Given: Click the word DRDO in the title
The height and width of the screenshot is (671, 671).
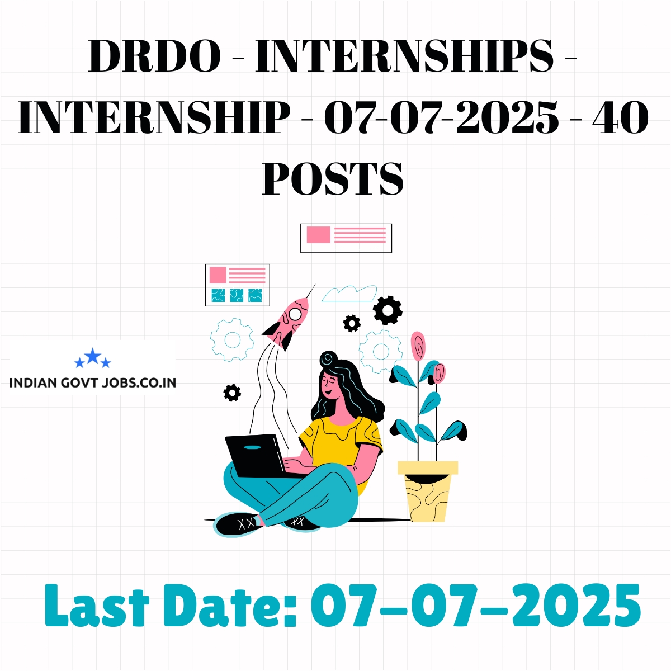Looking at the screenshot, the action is click(x=154, y=56).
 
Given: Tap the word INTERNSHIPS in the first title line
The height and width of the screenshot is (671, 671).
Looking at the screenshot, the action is click(x=404, y=56).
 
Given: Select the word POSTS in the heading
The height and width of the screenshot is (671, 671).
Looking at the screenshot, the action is click(x=333, y=178).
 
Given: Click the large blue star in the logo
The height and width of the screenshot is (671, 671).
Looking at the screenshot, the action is click(x=93, y=356).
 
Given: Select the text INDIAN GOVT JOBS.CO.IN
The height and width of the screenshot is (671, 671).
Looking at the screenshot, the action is click(x=93, y=382).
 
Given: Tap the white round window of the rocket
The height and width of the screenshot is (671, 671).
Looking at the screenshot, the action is click(x=295, y=314).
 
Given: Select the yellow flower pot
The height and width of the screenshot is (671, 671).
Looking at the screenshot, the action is click(x=428, y=492).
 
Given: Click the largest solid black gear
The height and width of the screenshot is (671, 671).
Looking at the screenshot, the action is click(x=388, y=310).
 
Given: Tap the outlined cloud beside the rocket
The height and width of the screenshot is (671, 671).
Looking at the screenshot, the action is click(x=349, y=293).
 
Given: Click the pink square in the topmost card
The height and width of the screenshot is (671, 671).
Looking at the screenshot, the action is click(x=318, y=234).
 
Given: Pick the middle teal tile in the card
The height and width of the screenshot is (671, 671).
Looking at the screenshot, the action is click(x=237, y=295).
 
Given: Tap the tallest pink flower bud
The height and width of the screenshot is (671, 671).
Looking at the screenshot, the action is click(x=418, y=346).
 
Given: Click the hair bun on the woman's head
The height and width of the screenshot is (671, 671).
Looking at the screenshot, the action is click(x=329, y=358).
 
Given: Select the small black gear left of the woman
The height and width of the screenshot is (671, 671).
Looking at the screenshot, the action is click(x=232, y=393).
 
